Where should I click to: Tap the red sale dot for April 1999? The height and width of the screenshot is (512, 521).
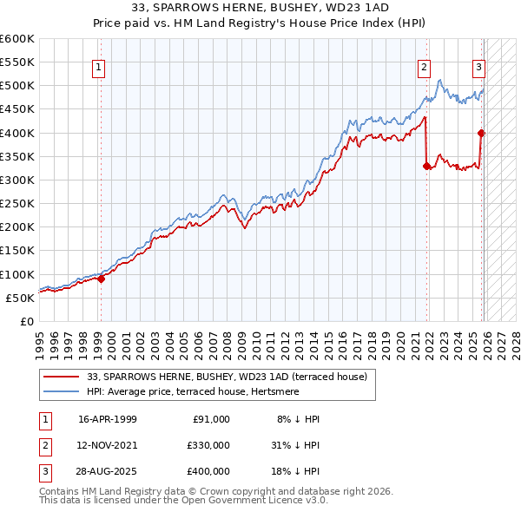click(x=101, y=279)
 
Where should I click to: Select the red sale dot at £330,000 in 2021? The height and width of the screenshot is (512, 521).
click(x=426, y=166)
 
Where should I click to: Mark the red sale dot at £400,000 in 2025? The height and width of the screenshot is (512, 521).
click(x=481, y=133)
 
